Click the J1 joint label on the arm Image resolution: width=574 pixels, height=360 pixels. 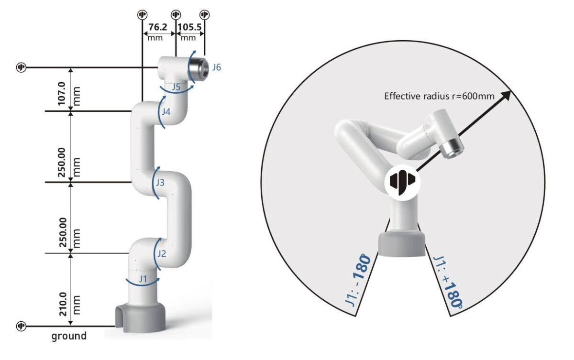(x=143, y=279)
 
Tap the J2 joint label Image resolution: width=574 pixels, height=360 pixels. (x=162, y=254)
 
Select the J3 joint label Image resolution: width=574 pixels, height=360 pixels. (x=160, y=183)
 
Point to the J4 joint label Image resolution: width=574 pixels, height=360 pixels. (x=166, y=112)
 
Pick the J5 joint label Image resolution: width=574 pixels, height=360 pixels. (x=176, y=87)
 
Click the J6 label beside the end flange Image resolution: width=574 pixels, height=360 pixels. (x=217, y=67)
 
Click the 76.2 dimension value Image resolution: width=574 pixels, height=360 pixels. (x=157, y=27)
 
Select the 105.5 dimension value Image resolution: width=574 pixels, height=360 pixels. (x=189, y=27)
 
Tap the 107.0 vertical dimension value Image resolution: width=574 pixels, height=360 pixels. (x=62, y=94)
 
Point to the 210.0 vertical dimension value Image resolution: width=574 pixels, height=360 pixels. (x=63, y=304)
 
